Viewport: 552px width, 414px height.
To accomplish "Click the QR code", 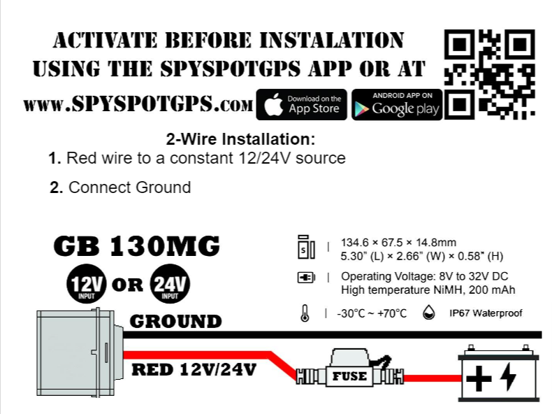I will point(490,73).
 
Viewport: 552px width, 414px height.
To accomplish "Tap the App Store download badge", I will point(302,105).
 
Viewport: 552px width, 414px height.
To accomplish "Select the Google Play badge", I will point(397,105).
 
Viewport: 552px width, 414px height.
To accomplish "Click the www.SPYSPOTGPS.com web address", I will point(138,105).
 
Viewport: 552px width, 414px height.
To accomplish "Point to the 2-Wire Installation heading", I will point(240,138).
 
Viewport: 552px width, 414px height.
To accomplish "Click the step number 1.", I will point(55,158).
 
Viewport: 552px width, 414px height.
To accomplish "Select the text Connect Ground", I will point(129,187).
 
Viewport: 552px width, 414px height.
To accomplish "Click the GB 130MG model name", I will point(136,246).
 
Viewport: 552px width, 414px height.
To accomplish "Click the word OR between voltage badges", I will point(127,285).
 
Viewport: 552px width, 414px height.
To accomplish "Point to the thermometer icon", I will point(305,313).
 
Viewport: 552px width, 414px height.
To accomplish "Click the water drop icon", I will point(428,313).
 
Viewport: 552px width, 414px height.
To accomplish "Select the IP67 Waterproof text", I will point(485,313).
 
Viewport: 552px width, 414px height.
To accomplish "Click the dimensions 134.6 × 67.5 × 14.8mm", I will point(398,241).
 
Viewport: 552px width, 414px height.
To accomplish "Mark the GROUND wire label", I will point(176,322).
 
